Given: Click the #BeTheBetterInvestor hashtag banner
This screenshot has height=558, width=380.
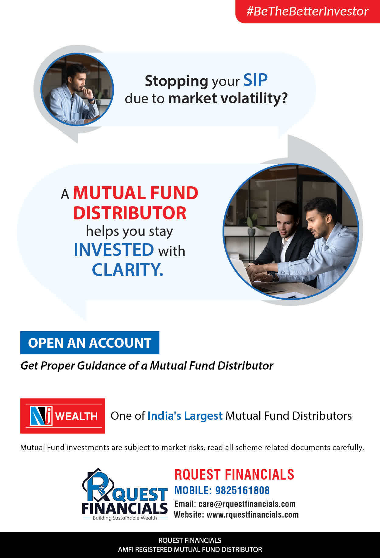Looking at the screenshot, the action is click(x=308, y=11).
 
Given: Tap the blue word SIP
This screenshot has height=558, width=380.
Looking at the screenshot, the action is click(x=255, y=80).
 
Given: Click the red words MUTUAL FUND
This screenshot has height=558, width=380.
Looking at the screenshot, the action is click(x=136, y=193).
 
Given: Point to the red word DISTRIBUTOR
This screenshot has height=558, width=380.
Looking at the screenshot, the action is click(x=130, y=213).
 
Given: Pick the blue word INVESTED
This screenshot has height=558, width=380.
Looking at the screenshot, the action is click(x=114, y=250).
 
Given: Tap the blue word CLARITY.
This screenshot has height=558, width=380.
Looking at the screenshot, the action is click(x=128, y=270).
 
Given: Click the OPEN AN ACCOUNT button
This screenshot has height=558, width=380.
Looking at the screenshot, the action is click(x=90, y=343).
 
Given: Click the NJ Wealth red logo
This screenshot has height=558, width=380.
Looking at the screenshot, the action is click(x=63, y=416).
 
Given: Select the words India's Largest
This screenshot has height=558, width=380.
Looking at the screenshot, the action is click(x=185, y=416).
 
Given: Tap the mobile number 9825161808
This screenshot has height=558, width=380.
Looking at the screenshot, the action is click(x=242, y=490).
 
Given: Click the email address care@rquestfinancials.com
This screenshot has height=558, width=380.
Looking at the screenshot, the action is click(x=247, y=504).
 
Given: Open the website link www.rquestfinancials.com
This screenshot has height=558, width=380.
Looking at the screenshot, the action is click(x=253, y=515).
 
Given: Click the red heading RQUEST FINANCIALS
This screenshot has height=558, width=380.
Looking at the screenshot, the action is click(x=234, y=475).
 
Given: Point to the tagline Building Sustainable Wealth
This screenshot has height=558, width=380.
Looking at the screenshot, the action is click(x=125, y=518).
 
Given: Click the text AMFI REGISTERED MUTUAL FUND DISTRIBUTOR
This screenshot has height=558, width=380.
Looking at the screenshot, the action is click(x=190, y=549).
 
